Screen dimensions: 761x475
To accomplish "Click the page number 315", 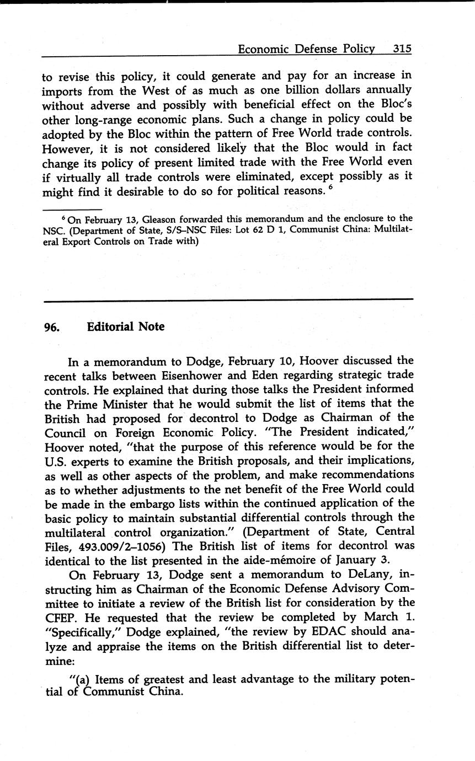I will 402,49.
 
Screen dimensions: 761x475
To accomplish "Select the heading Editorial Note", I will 126,326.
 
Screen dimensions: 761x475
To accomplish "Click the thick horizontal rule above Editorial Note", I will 228,300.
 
